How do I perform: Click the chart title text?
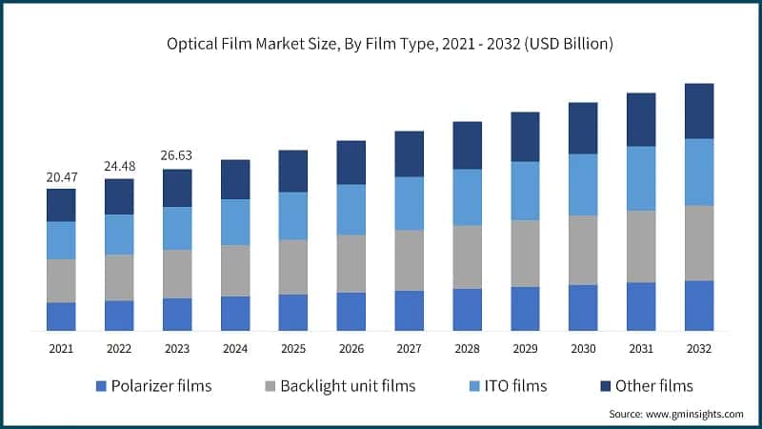tap(381, 44)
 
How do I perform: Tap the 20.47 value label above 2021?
tap(61, 177)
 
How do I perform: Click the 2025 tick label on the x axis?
tap(292, 349)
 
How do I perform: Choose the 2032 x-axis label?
tap(699, 349)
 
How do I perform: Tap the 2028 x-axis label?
tap(467, 349)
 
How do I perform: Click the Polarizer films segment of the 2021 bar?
tap(61, 317)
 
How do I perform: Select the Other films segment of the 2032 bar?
tap(699, 111)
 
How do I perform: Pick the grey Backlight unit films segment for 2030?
tap(583, 250)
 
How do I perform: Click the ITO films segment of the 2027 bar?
tap(409, 203)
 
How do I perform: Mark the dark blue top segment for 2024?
tap(235, 179)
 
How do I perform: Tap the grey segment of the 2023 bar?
tap(177, 274)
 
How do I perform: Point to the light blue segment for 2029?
tap(525, 191)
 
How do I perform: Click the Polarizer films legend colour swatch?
tap(101, 386)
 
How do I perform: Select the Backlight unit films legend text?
tap(349, 386)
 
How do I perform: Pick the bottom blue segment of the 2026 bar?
tap(351, 312)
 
